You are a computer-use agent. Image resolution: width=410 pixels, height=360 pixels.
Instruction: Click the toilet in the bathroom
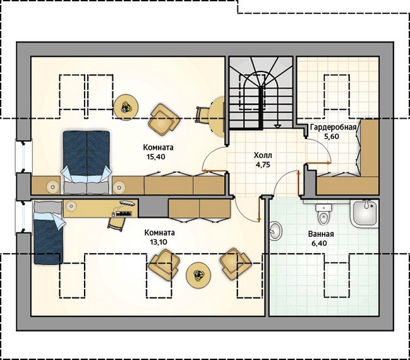(323, 214)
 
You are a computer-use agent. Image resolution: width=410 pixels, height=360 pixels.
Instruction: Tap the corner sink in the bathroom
(365, 213)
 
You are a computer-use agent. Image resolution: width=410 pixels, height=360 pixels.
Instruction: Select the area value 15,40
(156, 157)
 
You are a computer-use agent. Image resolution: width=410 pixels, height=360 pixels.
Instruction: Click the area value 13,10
(159, 242)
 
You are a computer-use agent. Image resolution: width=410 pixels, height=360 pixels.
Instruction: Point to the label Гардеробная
(334, 128)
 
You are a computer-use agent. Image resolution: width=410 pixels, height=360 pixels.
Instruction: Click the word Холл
(263, 155)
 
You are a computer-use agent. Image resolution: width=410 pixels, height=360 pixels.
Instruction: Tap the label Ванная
(321, 234)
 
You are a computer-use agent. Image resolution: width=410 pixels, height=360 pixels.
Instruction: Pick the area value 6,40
(319, 243)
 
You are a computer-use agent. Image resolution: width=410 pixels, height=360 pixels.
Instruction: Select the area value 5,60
(331, 136)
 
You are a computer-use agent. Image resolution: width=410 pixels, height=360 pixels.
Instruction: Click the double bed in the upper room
(87, 162)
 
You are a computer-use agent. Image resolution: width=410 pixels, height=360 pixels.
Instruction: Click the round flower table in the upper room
(126, 107)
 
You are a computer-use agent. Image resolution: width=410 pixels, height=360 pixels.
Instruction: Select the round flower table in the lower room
(198, 275)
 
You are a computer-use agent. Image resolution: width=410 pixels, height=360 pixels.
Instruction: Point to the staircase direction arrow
(277, 126)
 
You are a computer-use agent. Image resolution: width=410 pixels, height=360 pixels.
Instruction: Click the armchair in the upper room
(164, 119)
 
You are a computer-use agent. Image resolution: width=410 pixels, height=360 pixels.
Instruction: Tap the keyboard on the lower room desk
(124, 213)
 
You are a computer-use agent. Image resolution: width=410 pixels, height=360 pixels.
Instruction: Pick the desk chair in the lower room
(116, 224)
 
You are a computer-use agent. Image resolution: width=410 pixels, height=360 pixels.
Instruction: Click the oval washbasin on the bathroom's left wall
(275, 231)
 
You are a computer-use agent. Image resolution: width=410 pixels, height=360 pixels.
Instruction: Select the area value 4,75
(263, 165)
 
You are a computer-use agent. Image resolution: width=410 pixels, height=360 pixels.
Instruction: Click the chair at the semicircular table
(202, 115)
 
